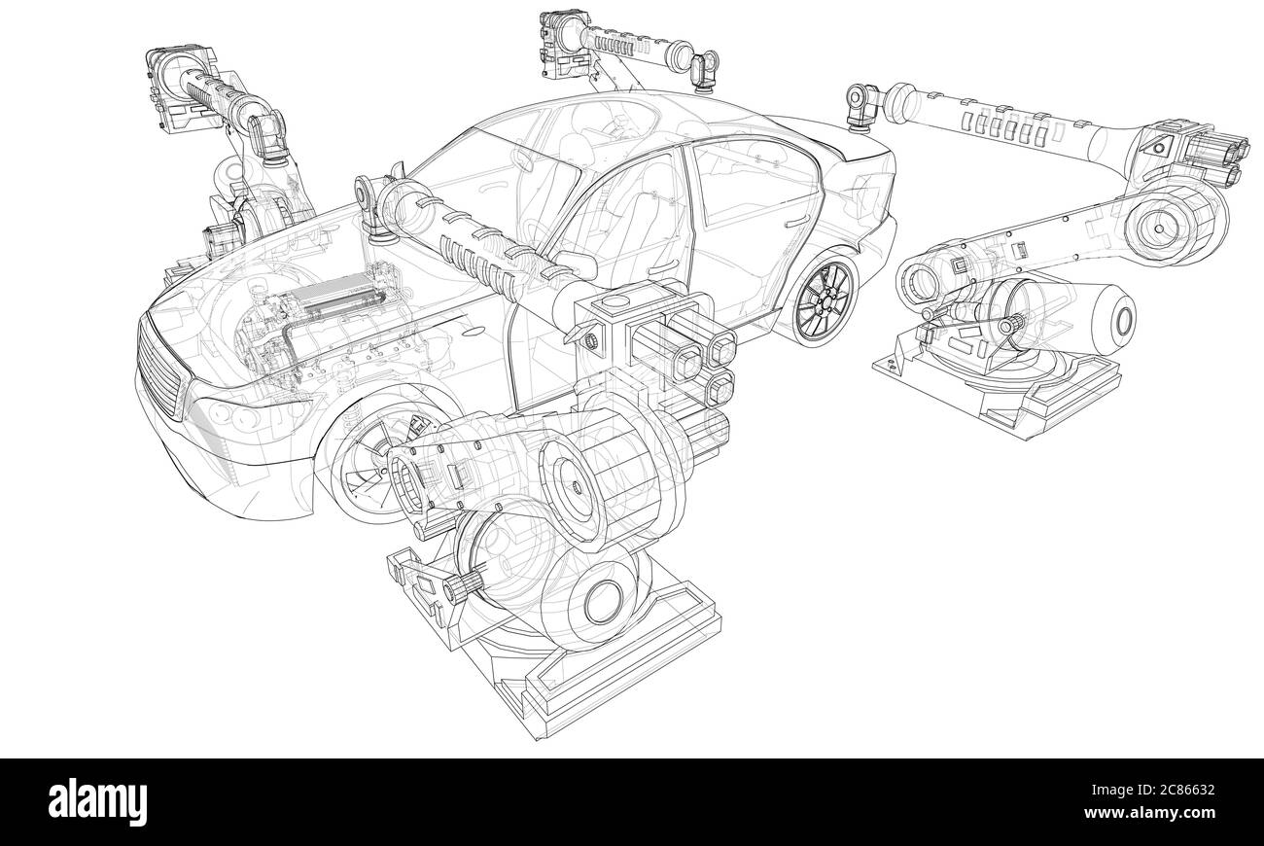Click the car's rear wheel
coord(825,296)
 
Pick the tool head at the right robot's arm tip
coord(860,102)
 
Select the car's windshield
coord(476,170)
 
